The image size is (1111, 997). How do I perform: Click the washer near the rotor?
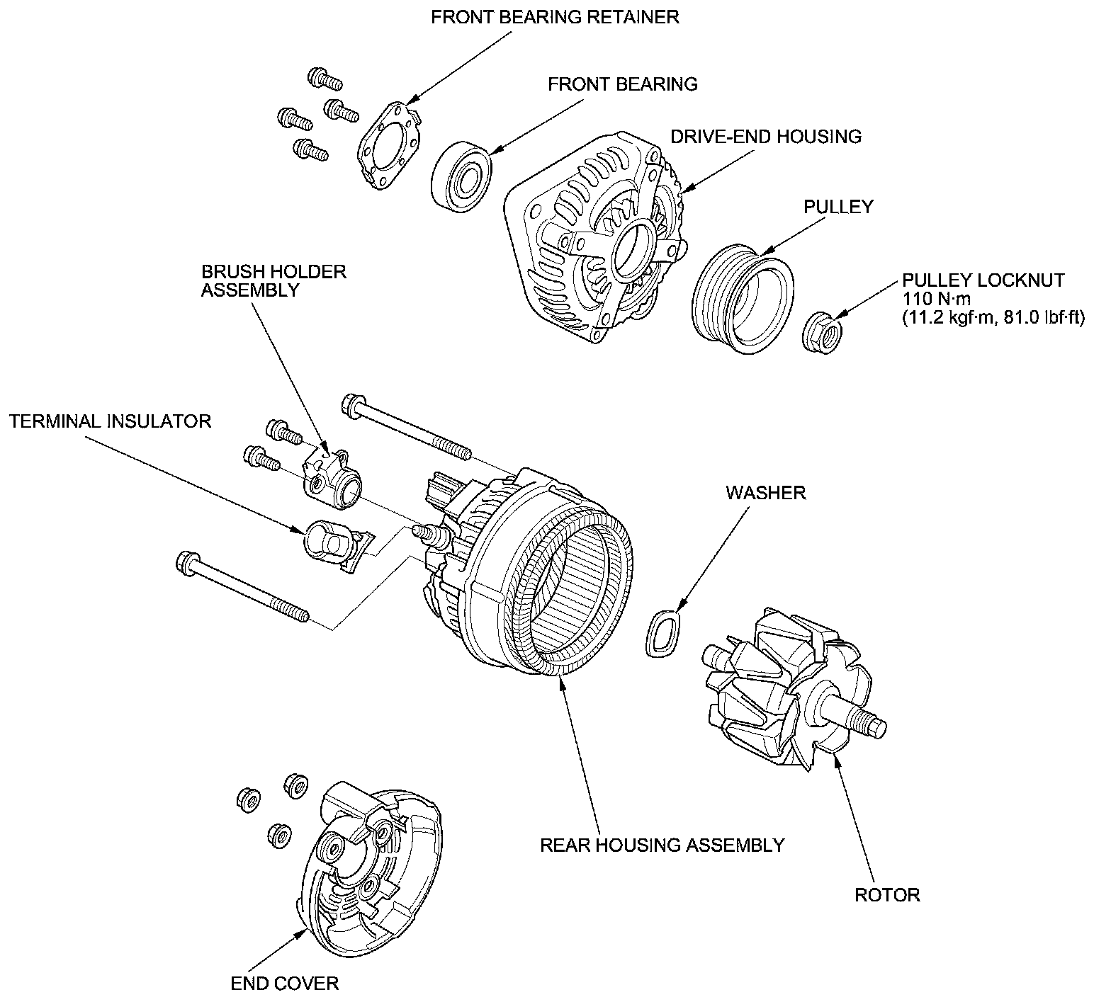(664, 633)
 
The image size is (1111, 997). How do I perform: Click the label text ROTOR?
(887, 895)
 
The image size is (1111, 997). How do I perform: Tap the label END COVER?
(285, 983)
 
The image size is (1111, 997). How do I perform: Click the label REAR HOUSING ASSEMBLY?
(662, 845)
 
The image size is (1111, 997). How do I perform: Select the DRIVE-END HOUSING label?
(766, 136)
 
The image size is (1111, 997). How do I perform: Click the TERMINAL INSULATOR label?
(111, 421)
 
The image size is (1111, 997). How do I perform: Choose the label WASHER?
(766, 492)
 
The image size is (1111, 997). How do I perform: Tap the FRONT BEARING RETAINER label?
(555, 17)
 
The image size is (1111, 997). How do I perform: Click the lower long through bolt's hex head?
(186, 563)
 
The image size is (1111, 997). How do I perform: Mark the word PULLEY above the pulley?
(838, 207)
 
